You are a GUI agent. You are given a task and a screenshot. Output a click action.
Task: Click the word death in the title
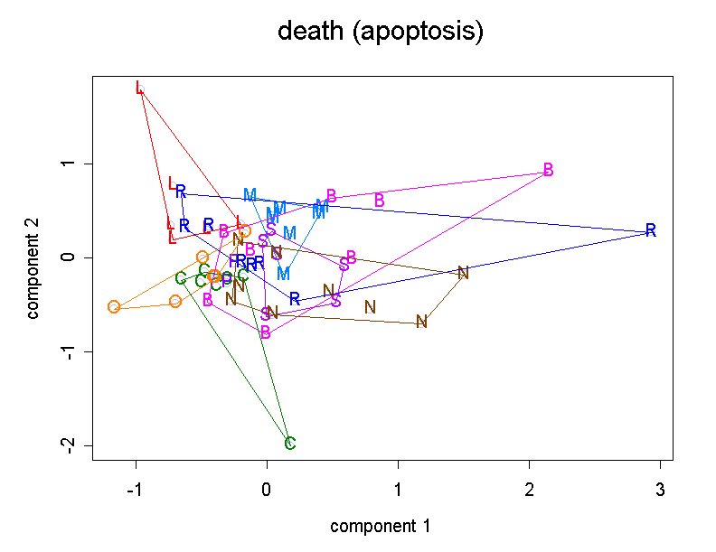pos(310,32)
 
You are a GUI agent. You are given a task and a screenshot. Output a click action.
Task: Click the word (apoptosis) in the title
pos(419,33)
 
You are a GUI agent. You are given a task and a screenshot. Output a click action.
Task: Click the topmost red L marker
pos(139,88)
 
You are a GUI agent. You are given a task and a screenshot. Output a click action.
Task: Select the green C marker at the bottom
pos(289,443)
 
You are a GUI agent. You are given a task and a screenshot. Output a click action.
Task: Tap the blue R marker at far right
pos(650,229)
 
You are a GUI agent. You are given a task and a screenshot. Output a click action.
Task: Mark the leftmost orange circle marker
pos(114,306)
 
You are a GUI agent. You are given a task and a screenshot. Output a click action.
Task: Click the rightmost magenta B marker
pos(548,170)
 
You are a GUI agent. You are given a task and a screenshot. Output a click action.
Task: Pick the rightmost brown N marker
pos(463,273)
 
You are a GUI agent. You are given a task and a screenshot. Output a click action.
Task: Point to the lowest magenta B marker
pos(266,332)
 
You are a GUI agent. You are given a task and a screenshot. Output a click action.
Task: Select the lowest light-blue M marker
pos(283,273)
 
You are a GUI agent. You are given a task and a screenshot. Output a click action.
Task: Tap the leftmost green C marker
pos(181,278)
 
